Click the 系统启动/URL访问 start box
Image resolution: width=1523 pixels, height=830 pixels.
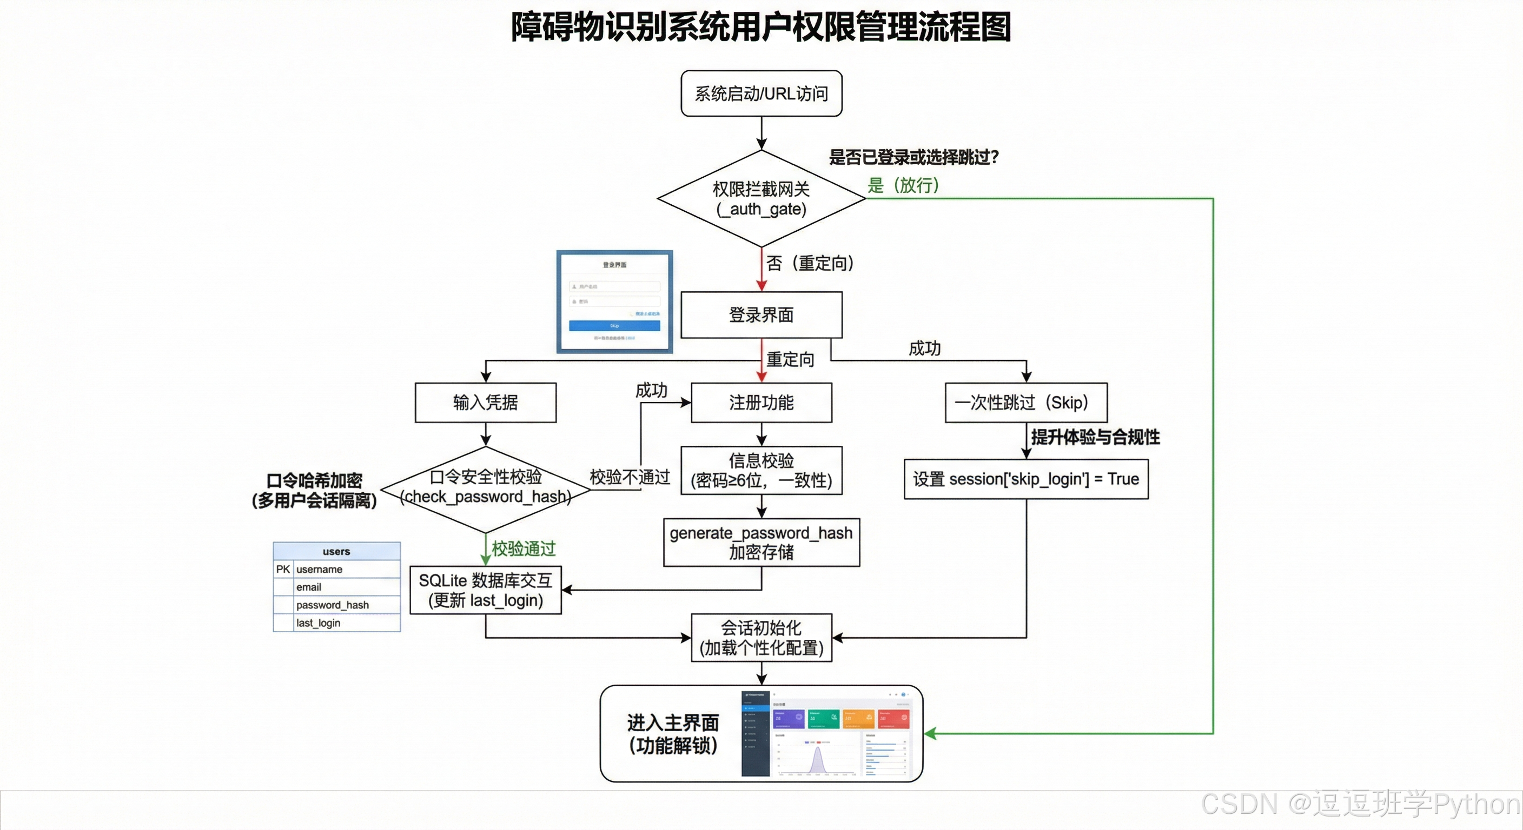coord(761,93)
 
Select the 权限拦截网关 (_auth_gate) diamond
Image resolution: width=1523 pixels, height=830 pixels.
coord(761,198)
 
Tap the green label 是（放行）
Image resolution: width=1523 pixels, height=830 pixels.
coord(903,185)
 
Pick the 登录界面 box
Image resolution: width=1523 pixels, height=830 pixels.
coord(761,315)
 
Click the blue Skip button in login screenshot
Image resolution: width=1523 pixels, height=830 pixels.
coord(614,326)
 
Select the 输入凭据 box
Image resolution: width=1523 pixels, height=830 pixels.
coord(485,402)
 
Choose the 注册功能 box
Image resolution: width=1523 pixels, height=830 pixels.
coord(761,402)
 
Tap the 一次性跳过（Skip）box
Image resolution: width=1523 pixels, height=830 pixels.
coord(1026,402)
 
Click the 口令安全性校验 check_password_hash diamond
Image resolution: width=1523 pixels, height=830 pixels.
coord(485,487)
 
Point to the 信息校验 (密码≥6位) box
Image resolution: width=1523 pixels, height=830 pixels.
coord(761,470)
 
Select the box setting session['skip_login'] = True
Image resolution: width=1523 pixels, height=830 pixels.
coord(1026,479)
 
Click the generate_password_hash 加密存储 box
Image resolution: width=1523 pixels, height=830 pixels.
coord(761,543)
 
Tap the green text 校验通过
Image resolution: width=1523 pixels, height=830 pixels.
coord(524,549)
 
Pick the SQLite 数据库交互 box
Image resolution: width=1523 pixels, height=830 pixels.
coord(485,590)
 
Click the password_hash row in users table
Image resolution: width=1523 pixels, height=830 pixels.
coord(332,605)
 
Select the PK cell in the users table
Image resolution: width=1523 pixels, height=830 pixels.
coord(283,569)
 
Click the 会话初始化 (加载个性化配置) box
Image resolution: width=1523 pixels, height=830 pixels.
coord(761,638)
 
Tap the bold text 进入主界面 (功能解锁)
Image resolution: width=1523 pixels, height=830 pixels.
coord(673,734)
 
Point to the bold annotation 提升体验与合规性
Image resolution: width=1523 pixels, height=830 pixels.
coord(1095,437)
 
